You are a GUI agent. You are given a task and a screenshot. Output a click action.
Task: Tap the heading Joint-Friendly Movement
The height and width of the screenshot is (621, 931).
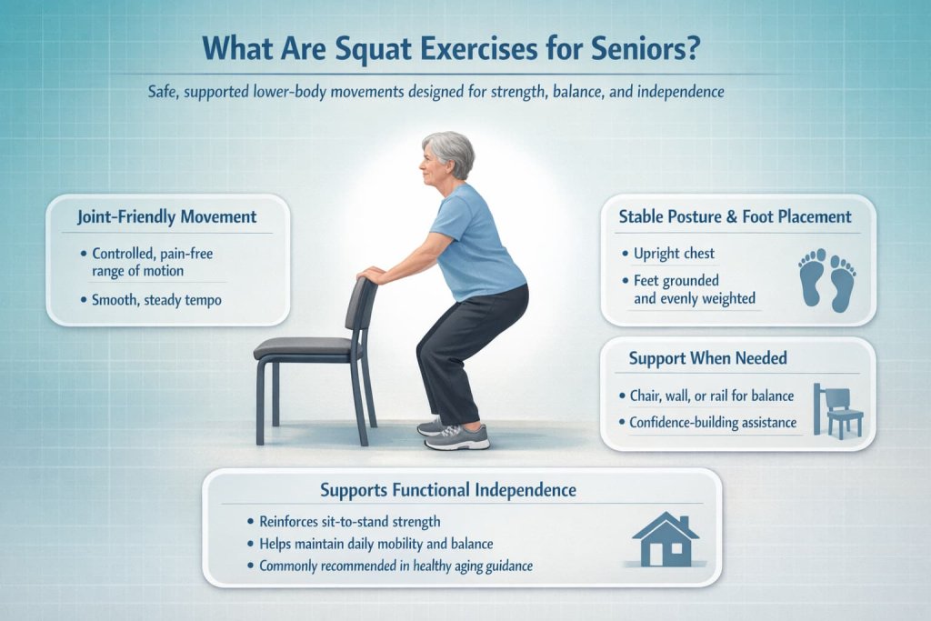click(167, 217)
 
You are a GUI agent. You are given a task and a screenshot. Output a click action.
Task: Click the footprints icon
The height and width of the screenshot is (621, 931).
click(826, 281)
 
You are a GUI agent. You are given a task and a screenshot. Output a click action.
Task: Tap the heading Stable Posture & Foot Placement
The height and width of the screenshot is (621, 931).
click(735, 216)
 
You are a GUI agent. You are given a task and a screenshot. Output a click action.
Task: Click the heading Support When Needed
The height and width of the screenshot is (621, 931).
click(707, 358)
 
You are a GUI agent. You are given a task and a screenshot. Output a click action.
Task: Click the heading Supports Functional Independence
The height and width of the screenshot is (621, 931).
click(448, 490)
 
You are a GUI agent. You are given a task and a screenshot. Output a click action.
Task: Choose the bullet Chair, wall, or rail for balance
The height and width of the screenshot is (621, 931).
click(712, 396)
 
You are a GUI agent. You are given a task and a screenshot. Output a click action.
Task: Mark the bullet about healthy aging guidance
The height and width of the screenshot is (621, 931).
click(395, 566)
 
